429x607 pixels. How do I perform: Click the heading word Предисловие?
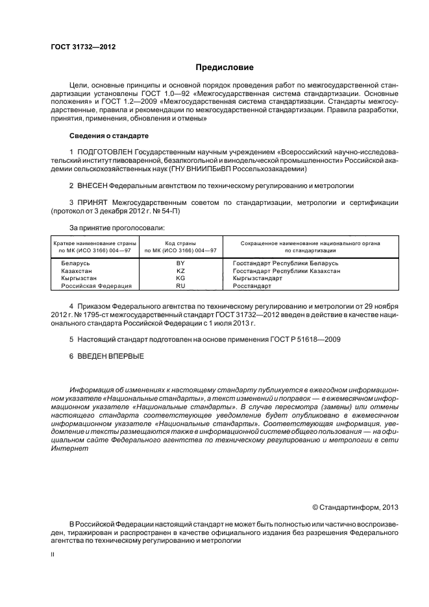[225, 67]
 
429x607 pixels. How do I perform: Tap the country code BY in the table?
[180, 263]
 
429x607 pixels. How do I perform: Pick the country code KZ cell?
[180, 271]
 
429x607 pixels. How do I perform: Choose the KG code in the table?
[180, 278]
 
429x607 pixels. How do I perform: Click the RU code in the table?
[180, 286]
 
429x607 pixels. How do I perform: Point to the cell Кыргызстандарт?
[262, 278]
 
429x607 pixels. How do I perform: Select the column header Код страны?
[180, 243]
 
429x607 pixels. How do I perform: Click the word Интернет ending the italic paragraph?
[68, 448]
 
